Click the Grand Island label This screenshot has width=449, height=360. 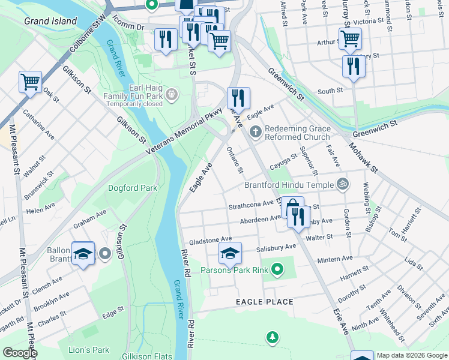click(x=50, y=21)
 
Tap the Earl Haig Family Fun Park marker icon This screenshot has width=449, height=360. click(x=172, y=94)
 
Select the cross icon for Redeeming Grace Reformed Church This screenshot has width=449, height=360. click(x=255, y=131)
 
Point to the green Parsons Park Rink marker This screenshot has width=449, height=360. click(x=277, y=270)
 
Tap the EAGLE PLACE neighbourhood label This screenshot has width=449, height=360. click(x=264, y=302)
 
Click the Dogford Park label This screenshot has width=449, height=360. click(x=132, y=188)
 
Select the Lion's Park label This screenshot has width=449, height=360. click(x=89, y=350)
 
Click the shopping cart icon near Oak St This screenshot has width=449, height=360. click(x=30, y=82)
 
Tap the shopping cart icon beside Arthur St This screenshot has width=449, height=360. click(x=350, y=38)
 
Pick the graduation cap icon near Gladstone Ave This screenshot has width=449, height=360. click(x=229, y=253)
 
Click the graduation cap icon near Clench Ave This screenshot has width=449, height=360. click(x=83, y=253)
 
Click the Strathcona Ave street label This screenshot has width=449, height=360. click(x=252, y=206)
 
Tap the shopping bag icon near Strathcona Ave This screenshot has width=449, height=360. click(x=292, y=208)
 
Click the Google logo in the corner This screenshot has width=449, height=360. click(x=19, y=353)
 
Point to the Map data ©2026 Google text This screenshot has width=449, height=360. click(x=411, y=355)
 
